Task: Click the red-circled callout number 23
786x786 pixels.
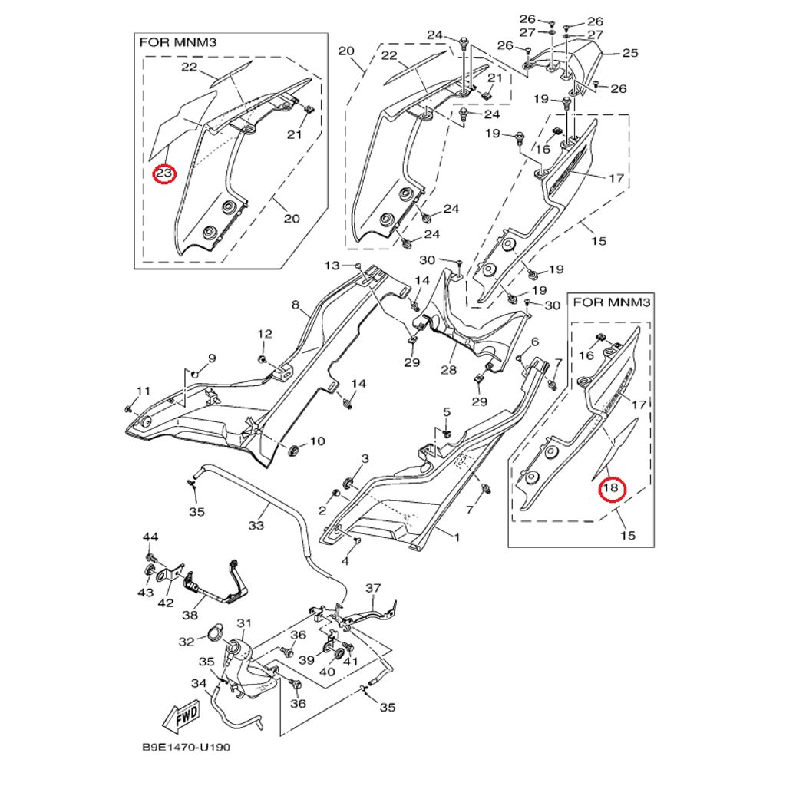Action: (164, 173)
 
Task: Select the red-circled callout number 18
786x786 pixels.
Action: (612, 488)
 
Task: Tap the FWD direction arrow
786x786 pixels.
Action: (181, 719)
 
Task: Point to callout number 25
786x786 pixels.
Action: (630, 53)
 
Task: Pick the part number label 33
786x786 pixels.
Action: (256, 525)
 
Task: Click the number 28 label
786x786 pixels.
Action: (448, 370)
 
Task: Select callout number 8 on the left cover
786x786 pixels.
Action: (295, 305)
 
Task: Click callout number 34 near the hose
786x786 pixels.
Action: (199, 683)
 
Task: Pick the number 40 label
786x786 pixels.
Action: (327, 671)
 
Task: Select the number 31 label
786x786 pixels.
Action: (244, 623)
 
